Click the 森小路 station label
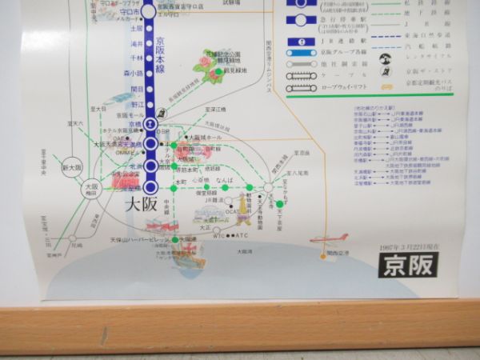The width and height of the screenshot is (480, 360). [134, 73]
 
